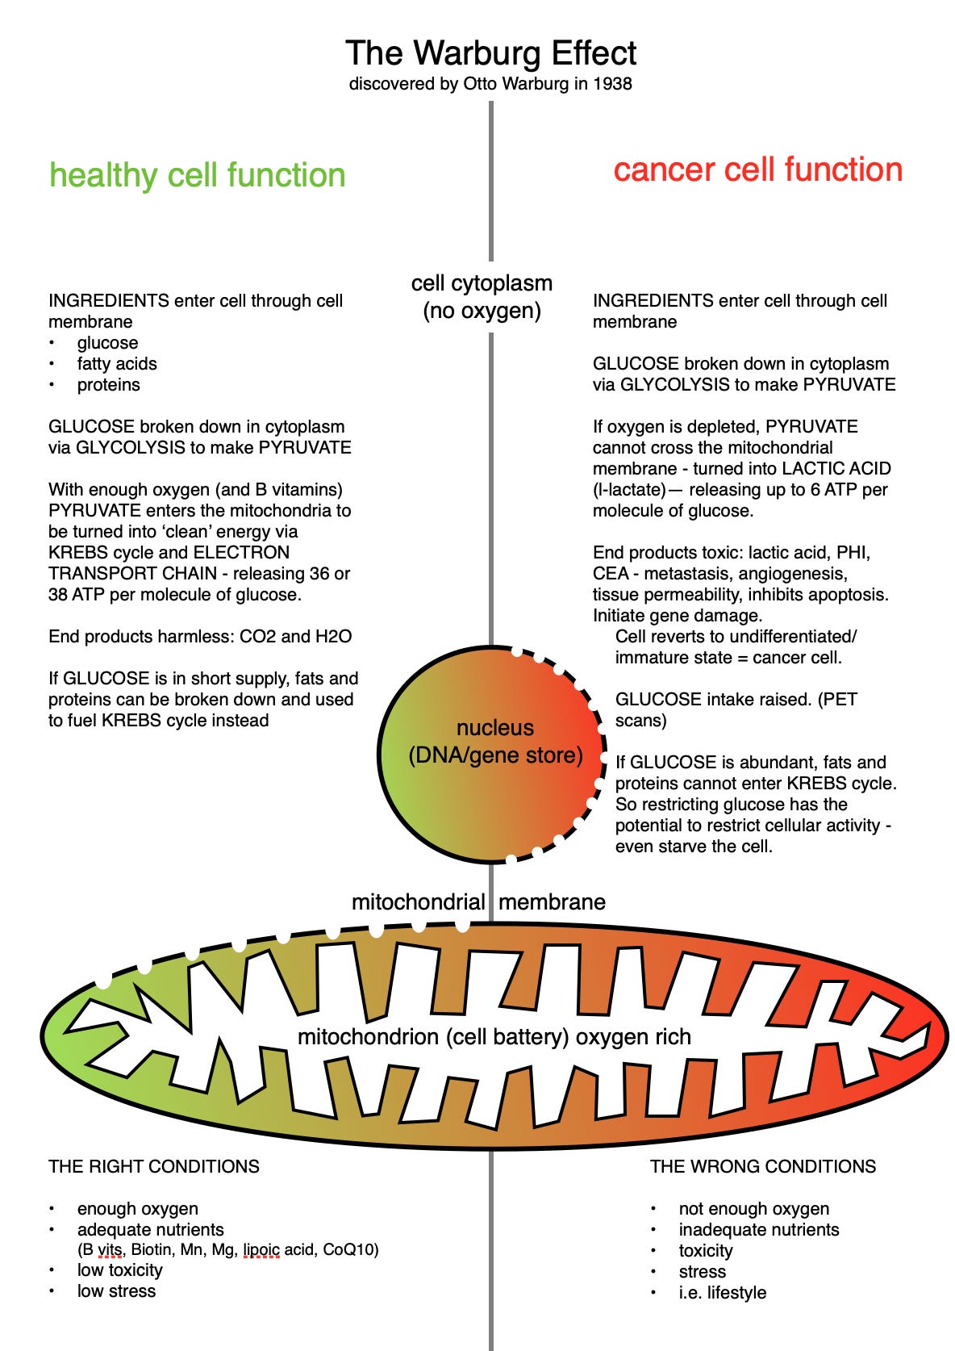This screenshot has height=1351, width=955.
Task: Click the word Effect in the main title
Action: tap(582, 53)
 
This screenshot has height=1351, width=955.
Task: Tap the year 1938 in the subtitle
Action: tap(612, 84)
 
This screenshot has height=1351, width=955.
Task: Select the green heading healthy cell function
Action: tap(198, 175)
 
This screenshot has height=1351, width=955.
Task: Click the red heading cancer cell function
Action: tap(757, 169)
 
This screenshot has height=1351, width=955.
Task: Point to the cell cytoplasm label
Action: tap(482, 283)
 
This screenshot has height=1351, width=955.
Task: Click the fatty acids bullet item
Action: tap(117, 364)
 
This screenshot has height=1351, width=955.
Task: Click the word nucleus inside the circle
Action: tap(494, 728)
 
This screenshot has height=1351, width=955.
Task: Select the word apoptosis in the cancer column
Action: tap(851, 595)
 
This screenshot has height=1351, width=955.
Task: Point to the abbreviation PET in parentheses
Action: tap(840, 700)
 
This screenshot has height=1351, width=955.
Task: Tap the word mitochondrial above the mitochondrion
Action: tap(418, 902)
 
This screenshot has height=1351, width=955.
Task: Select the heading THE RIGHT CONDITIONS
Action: tap(154, 1167)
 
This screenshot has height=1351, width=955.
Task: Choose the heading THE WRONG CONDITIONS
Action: tap(762, 1167)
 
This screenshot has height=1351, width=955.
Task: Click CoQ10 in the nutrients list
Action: tap(350, 1250)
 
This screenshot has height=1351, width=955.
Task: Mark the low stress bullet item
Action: tap(116, 1291)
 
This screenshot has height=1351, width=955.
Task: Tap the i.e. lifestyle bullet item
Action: tap(722, 1293)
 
